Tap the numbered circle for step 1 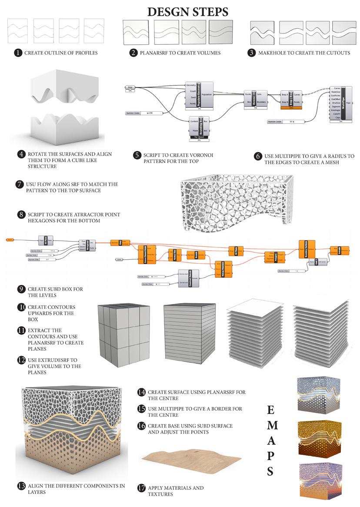18,53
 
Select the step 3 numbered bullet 251,53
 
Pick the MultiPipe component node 343,103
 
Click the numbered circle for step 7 19,184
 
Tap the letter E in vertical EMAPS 270,410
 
